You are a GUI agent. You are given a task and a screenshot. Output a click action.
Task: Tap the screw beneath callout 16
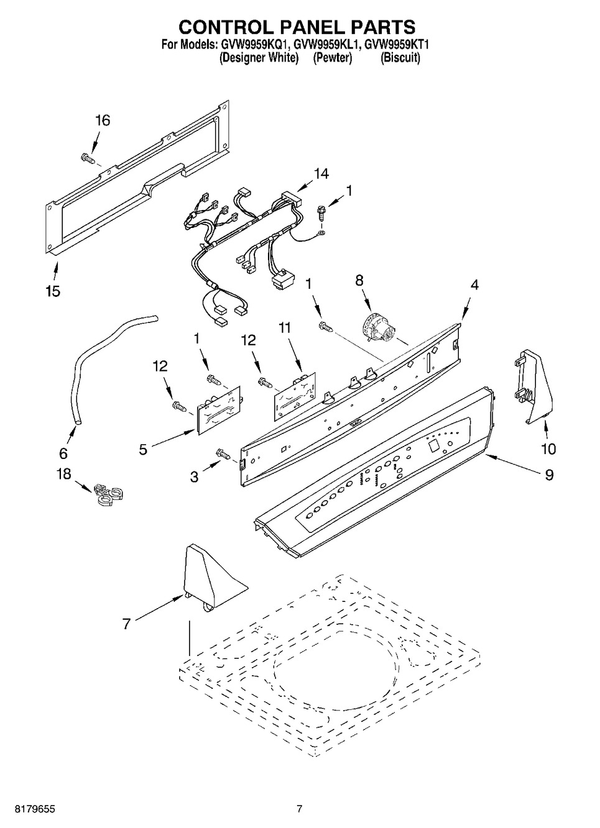click(87, 158)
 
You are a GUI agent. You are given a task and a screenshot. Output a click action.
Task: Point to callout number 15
click(53, 291)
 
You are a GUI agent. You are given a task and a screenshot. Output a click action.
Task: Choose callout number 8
click(359, 281)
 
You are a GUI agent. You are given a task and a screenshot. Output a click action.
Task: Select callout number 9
click(549, 475)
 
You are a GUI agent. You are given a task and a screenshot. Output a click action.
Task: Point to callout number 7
click(126, 624)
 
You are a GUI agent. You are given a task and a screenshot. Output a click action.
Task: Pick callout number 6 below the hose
click(63, 453)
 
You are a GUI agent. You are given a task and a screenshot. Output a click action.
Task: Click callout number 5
click(143, 450)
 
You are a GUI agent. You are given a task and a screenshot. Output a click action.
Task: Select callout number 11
click(285, 327)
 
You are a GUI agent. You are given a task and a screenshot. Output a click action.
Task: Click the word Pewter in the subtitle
click(332, 58)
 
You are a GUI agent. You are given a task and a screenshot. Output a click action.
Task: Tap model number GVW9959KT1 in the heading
click(397, 45)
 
